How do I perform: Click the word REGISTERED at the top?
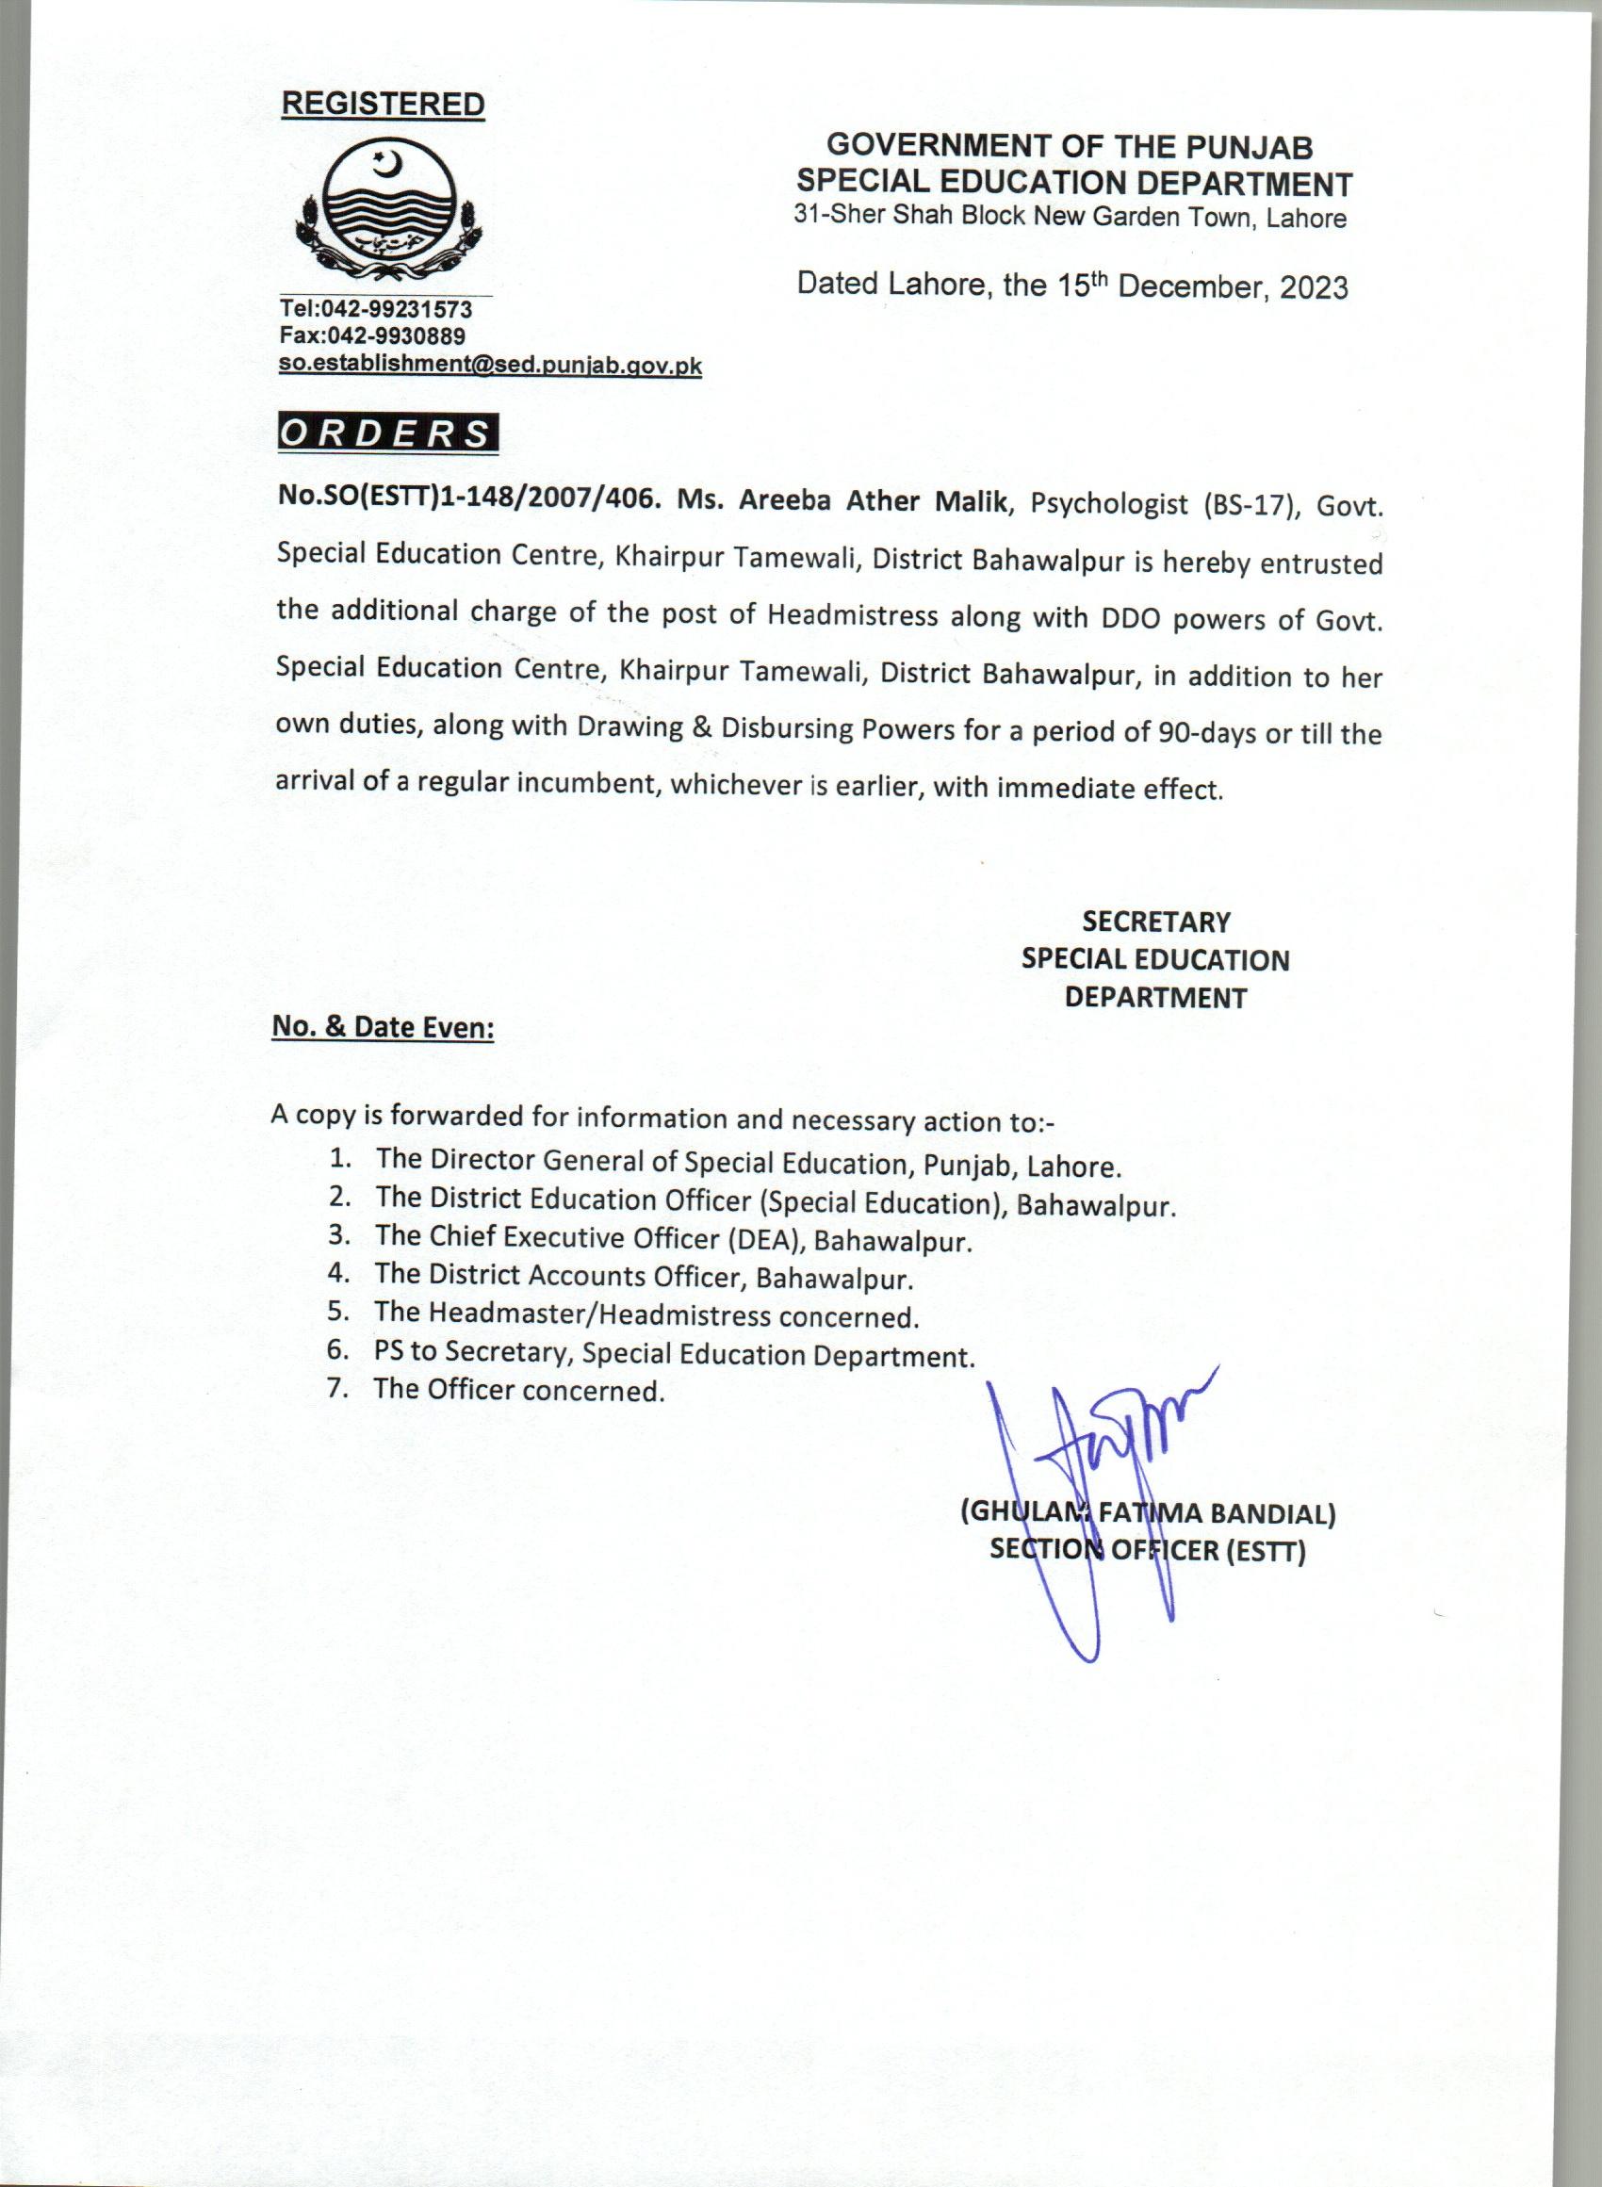[x=382, y=105]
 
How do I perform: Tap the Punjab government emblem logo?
[x=385, y=207]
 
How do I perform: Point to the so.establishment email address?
[x=490, y=366]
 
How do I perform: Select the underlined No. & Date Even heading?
[x=382, y=1028]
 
